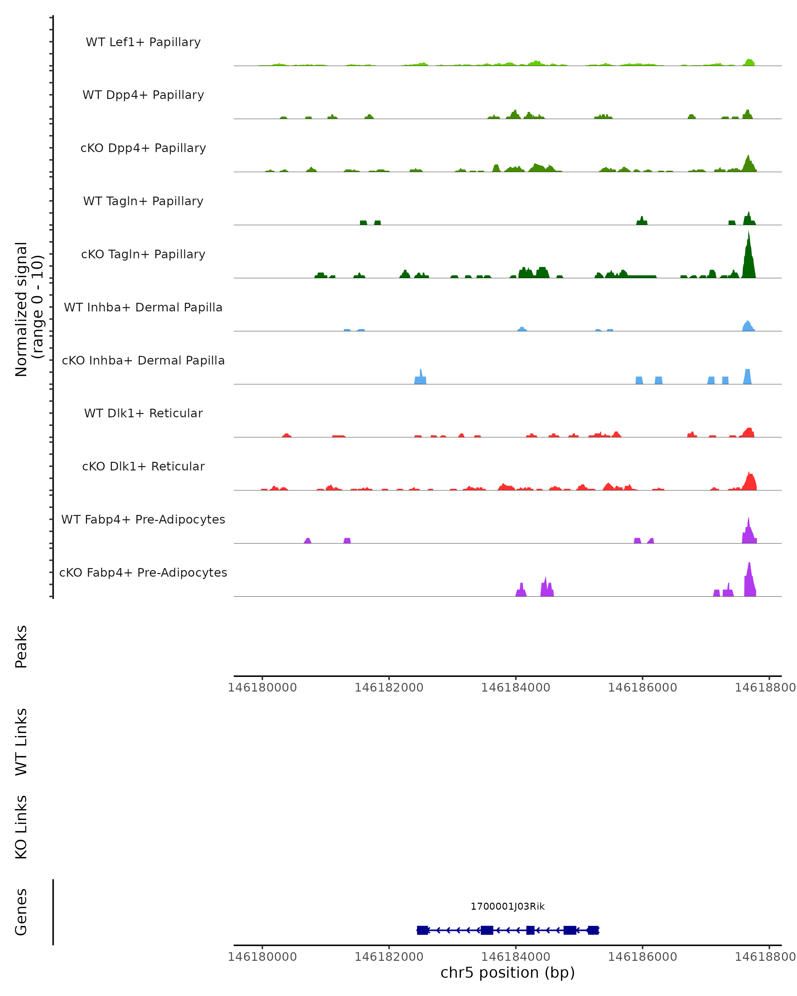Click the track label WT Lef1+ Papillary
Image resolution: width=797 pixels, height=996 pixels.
click(143, 42)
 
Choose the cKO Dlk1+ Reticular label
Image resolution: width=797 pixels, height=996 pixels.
click(143, 466)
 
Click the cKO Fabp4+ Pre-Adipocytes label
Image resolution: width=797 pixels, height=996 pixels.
click(143, 572)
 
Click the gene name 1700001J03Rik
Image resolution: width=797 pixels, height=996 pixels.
click(507, 906)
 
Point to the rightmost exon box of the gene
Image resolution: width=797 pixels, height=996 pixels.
click(593, 930)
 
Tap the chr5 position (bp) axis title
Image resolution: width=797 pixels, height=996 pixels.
click(507, 972)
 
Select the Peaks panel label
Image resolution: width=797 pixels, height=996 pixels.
click(21, 646)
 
